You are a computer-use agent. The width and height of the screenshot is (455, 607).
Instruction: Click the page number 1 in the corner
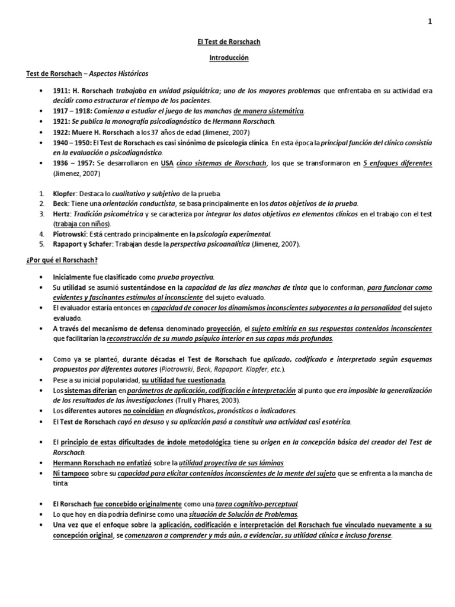[x=430, y=22]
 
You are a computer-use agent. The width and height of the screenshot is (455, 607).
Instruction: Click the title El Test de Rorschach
[x=228, y=42]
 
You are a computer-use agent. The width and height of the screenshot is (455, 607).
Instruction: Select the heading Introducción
[x=228, y=58]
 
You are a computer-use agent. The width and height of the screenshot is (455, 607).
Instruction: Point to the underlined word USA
[x=166, y=164]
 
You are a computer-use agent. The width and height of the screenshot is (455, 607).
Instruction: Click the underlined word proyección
[x=223, y=328]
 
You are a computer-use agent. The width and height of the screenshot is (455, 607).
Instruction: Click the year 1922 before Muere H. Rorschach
[x=60, y=132]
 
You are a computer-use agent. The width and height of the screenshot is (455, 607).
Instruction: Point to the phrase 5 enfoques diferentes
[x=398, y=164]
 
